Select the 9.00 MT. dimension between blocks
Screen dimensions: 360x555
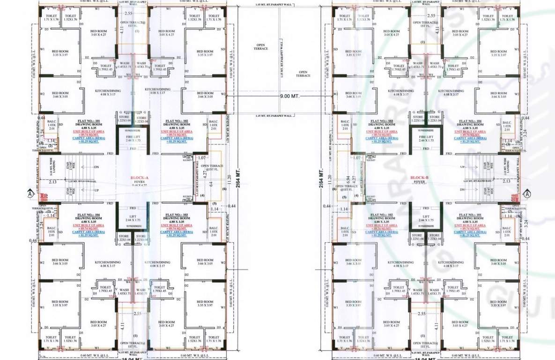coord(289,96)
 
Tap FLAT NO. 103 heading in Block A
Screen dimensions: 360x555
coord(177,215)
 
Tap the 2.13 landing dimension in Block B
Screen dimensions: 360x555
coord(506,181)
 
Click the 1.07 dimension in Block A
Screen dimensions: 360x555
coord(202,157)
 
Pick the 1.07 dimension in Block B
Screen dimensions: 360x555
coord(357,157)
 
